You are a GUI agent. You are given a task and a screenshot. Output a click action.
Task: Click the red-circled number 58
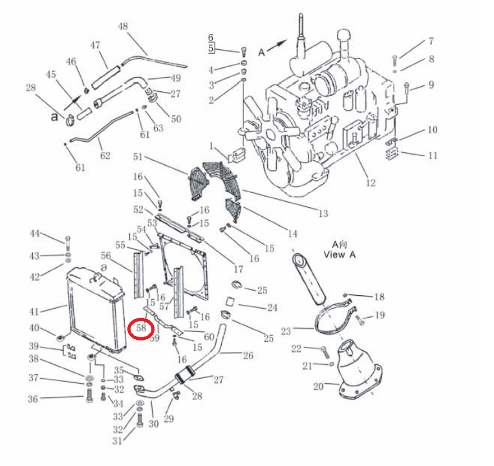(141, 328)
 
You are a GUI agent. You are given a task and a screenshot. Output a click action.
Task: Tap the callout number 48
(123, 26)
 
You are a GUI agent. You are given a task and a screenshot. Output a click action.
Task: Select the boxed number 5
(211, 49)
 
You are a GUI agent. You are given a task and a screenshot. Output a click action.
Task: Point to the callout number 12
(370, 183)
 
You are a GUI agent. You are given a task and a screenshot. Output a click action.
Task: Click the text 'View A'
(339, 255)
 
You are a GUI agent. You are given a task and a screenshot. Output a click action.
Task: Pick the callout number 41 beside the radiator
(34, 312)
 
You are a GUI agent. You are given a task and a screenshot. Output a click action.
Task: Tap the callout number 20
(318, 386)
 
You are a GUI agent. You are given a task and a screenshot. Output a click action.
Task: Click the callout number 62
(105, 156)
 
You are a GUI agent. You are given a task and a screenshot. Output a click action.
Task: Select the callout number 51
(138, 157)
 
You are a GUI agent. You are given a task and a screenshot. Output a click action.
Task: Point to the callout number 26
(248, 355)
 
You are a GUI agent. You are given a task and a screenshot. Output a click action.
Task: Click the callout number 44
(35, 233)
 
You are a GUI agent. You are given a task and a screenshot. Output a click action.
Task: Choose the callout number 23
(286, 331)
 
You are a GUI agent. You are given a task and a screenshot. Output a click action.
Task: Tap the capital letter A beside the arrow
(261, 52)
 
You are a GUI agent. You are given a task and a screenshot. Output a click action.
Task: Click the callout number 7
(431, 41)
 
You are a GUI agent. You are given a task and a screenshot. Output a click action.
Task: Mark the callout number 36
(33, 399)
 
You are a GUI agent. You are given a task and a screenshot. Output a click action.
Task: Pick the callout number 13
(323, 214)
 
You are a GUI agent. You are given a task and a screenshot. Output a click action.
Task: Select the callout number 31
(117, 441)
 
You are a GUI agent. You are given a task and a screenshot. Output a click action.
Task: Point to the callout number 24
(272, 307)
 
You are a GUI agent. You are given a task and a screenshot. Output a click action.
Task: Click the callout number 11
(433, 155)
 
